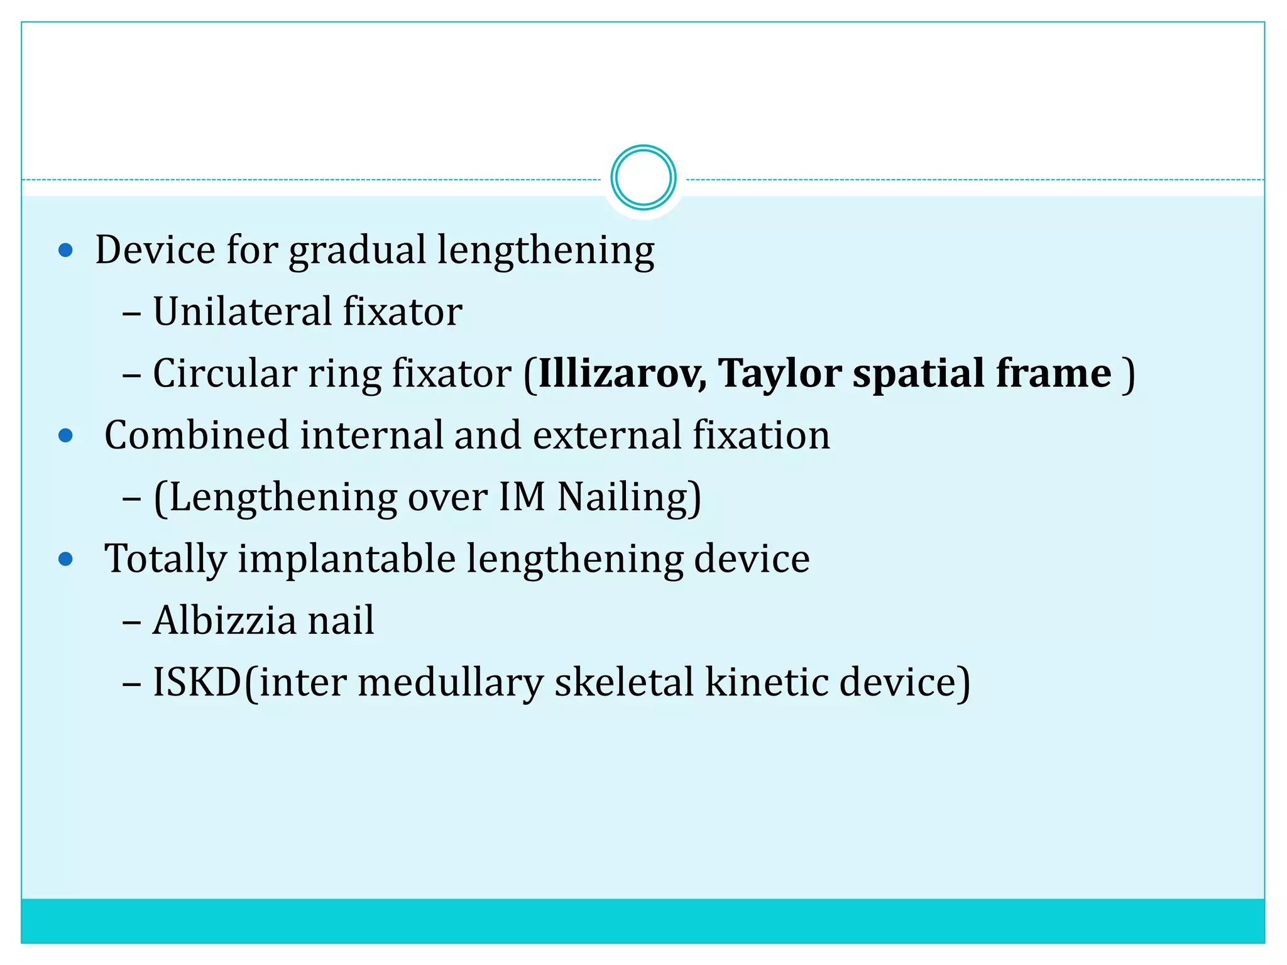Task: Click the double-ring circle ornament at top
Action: (x=643, y=178)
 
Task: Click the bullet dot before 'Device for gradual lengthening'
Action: (x=65, y=251)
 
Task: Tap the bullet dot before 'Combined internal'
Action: (x=65, y=436)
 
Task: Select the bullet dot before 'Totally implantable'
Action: (x=65, y=559)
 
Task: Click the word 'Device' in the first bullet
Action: (x=155, y=250)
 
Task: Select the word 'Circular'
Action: (x=224, y=374)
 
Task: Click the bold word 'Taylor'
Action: (x=779, y=374)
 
